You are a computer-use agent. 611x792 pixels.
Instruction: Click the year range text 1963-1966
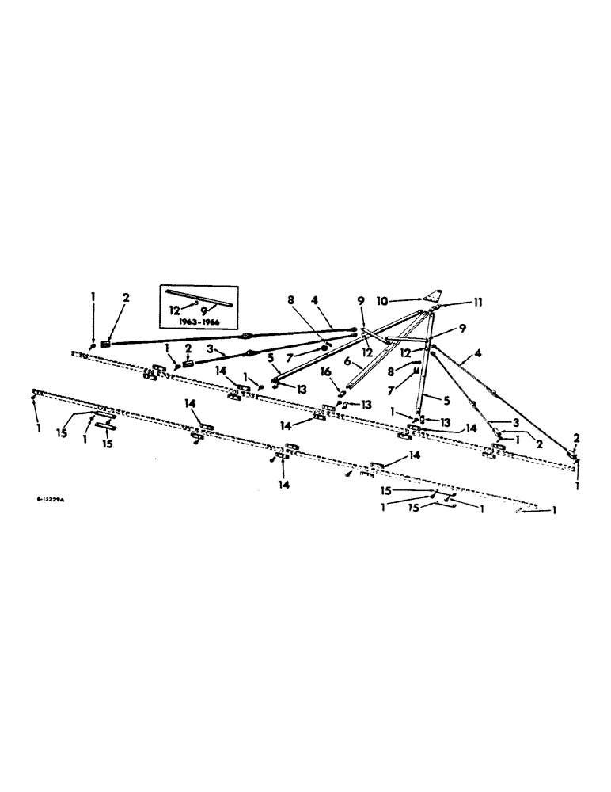click(x=198, y=322)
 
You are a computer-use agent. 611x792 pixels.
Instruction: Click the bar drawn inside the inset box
click(x=199, y=298)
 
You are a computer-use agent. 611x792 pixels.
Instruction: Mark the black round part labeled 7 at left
click(x=325, y=347)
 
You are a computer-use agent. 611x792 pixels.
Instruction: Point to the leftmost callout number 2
click(x=125, y=298)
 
